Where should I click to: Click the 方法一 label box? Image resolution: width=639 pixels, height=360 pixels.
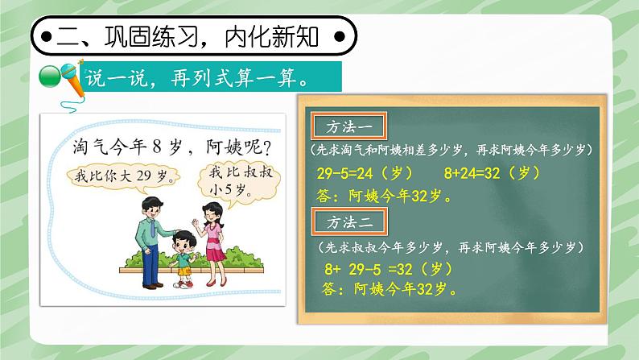tap(348, 127)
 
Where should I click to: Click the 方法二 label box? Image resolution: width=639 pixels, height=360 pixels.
tap(348, 220)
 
